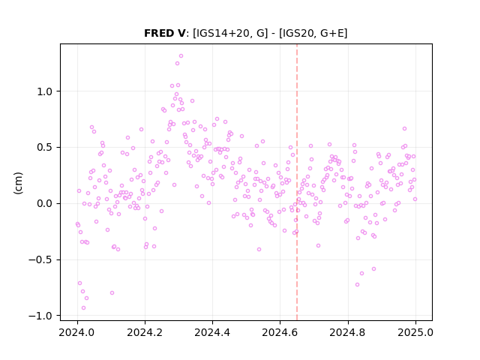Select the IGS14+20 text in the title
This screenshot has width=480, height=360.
(221, 33)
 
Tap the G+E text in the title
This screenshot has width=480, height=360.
(331, 33)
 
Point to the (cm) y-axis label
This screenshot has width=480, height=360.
(18, 183)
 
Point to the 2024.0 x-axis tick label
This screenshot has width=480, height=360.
(77, 332)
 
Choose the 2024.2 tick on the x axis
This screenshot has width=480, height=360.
(145, 332)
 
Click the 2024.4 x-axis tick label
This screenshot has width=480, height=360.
(212, 332)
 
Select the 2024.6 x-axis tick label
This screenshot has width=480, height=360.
(280, 332)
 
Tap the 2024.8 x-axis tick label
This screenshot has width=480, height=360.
(348, 332)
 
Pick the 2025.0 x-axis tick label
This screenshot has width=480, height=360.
(415, 332)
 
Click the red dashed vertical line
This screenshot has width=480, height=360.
(297, 182)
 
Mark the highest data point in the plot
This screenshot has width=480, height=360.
(181, 56)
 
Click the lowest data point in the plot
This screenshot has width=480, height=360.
(83, 308)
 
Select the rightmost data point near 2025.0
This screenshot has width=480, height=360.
(415, 199)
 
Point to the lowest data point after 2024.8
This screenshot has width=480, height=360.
(357, 285)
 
